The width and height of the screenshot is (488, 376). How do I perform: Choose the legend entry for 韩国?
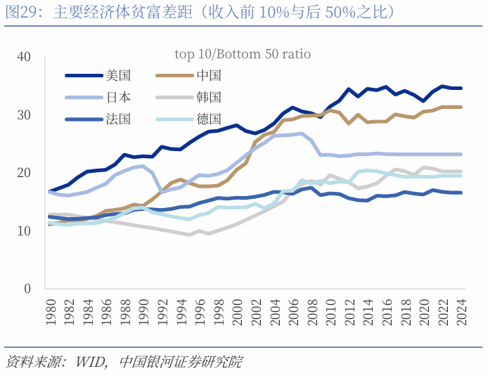coord(209,98)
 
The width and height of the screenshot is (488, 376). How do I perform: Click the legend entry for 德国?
coord(209,119)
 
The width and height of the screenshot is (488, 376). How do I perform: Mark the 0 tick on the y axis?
coord(27,289)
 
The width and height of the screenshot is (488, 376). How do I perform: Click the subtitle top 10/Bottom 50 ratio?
coord(243,54)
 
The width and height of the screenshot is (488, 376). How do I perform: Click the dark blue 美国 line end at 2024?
coord(462,89)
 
